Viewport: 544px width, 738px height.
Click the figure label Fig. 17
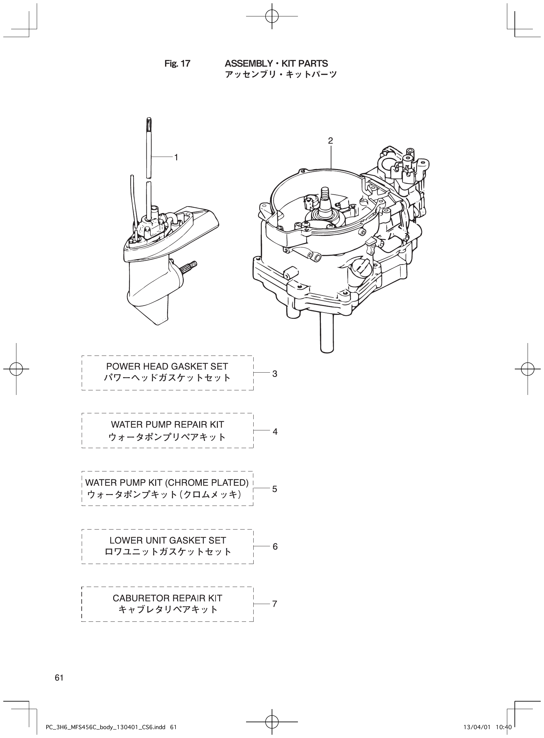(x=177, y=64)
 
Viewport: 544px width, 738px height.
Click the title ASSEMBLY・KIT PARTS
(x=276, y=63)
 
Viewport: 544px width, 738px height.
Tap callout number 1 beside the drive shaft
(x=176, y=158)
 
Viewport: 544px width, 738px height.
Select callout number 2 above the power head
(x=330, y=141)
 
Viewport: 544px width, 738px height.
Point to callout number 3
(x=275, y=374)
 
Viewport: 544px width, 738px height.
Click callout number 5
(x=275, y=489)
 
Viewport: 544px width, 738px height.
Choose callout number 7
(x=275, y=604)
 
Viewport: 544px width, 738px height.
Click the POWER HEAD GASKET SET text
(x=167, y=366)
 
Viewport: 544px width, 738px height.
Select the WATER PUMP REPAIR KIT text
(x=167, y=424)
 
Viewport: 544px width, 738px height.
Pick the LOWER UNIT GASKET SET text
(x=168, y=540)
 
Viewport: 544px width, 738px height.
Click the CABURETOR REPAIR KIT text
(x=167, y=598)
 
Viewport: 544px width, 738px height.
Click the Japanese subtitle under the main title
(x=281, y=75)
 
